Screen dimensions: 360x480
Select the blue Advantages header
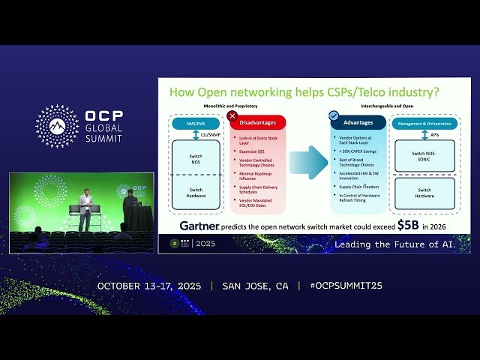pyautogui.click(x=358, y=121)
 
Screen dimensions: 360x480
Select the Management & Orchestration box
pyautogui.click(x=424, y=122)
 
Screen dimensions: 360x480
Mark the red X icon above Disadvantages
pyautogui.click(x=232, y=115)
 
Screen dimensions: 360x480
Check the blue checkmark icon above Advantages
pyautogui.click(x=334, y=115)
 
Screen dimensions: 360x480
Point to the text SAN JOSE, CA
pyautogui.click(x=256, y=286)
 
